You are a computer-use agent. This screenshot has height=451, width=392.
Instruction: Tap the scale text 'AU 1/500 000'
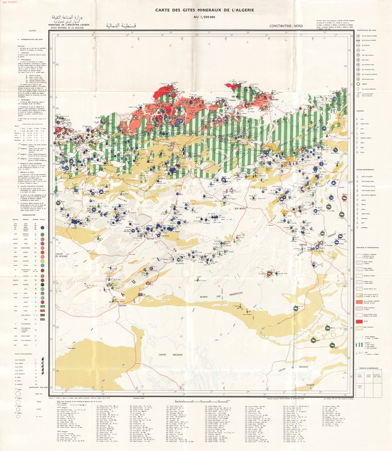pyautogui.click(x=196, y=18)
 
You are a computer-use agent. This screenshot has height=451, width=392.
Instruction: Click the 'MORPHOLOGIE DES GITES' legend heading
pyautogui.click(x=367, y=28)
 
